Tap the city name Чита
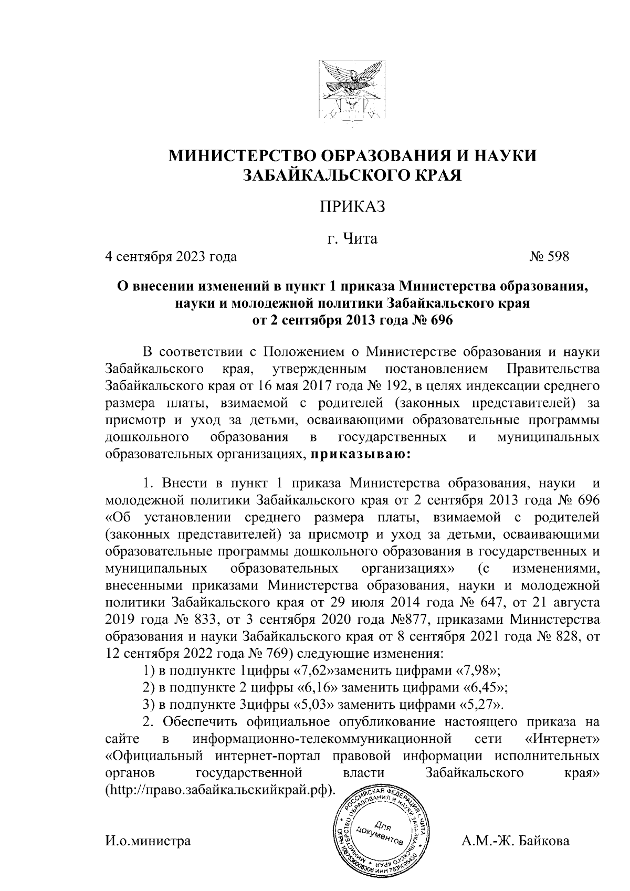click(x=360, y=239)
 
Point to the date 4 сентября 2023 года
click(x=171, y=257)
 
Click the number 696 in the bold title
click(x=440, y=320)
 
